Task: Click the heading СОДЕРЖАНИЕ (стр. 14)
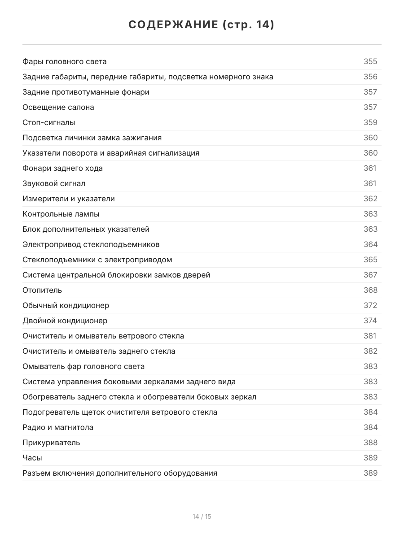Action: click(x=202, y=25)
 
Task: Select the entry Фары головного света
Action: click(x=65, y=61)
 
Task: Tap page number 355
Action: click(x=370, y=61)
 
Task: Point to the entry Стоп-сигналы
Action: click(x=49, y=122)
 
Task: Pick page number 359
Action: click(x=370, y=122)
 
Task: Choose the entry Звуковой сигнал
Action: click(x=54, y=183)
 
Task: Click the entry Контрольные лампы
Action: click(x=61, y=214)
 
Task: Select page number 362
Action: click(x=370, y=199)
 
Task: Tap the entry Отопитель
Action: click(x=42, y=290)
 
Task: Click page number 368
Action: click(x=370, y=290)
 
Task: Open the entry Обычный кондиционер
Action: click(x=66, y=305)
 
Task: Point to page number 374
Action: click(x=370, y=321)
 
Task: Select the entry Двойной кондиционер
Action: click(x=65, y=321)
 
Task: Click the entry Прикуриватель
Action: click(x=51, y=443)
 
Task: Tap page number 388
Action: click(x=370, y=443)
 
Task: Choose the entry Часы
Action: click(x=32, y=458)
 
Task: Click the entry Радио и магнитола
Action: click(x=58, y=427)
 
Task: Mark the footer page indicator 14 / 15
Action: click(x=202, y=516)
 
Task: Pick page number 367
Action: click(x=370, y=275)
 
